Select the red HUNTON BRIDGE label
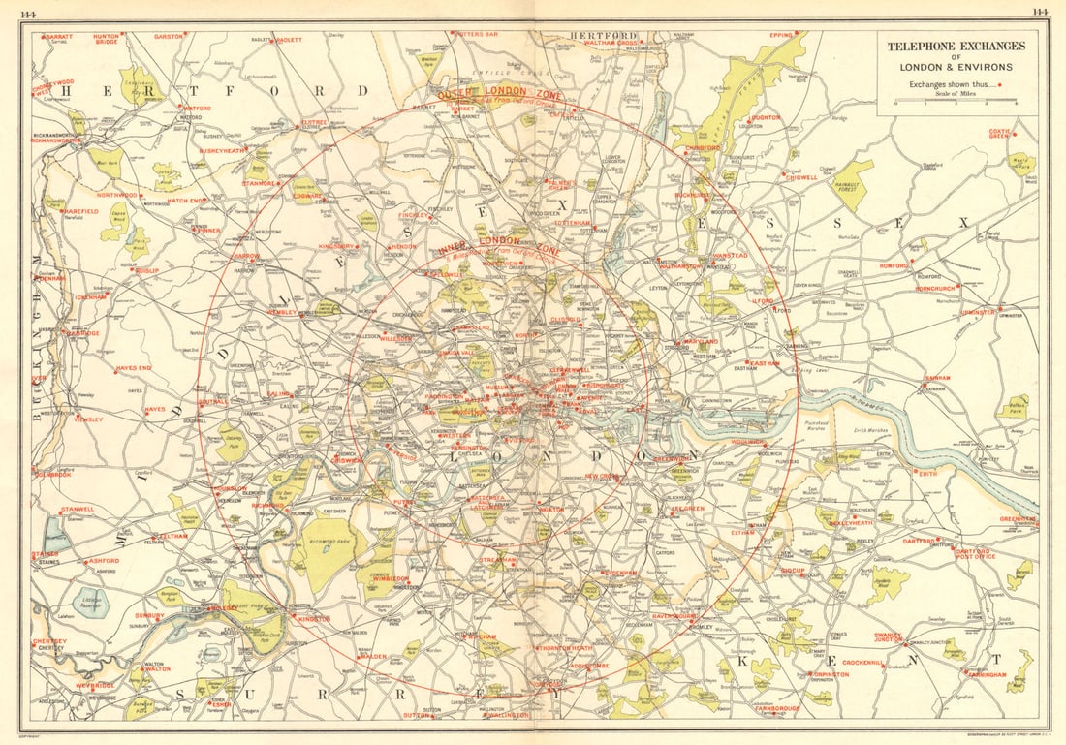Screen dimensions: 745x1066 tap(107, 39)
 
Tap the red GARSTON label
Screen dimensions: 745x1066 tap(168, 36)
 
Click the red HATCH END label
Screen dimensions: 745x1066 tap(185, 201)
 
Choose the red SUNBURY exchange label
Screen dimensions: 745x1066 tap(149, 614)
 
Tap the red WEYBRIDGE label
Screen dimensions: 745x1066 tap(95, 686)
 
